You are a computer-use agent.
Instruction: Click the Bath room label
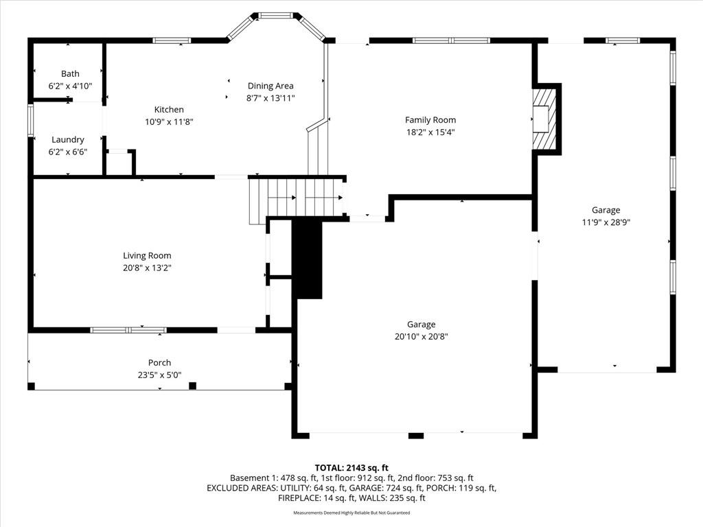(x=70, y=73)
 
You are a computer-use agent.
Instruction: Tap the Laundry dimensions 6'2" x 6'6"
(x=68, y=152)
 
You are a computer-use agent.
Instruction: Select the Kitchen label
(x=169, y=109)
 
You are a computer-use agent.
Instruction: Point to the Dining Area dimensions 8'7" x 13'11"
(x=270, y=98)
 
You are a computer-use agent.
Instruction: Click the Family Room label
(x=430, y=120)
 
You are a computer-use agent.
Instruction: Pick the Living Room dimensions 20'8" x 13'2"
(x=147, y=268)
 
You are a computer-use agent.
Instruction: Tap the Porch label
(x=159, y=362)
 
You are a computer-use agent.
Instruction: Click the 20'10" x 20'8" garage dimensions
(x=421, y=336)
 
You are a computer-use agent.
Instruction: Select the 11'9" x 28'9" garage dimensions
(x=606, y=222)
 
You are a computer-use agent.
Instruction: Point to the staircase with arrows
(x=297, y=197)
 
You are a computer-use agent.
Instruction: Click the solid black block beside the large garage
(x=307, y=259)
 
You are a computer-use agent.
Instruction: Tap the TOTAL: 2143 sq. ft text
(x=351, y=468)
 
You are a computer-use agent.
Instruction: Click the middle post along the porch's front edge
(x=192, y=386)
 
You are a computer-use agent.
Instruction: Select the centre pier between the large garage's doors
(x=415, y=435)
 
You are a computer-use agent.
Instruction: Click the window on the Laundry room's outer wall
(x=30, y=120)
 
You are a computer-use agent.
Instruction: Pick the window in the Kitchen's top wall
(x=172, y=40)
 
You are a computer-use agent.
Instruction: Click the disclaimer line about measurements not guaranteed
(x=351, y=513)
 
